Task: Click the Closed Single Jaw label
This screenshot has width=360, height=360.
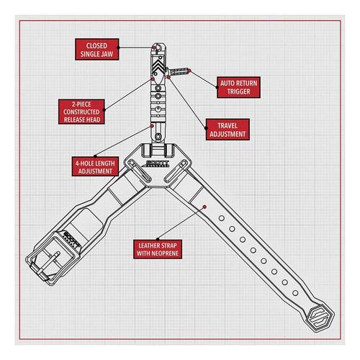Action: click(x=97, y=49)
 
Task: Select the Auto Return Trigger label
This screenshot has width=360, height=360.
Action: click(x=238, y=87)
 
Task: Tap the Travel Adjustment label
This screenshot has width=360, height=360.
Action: click(x=228, y=130)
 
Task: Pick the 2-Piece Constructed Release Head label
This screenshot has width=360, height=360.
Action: click(x=81, y=112)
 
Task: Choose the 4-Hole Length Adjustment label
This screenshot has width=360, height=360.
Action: click(x=95, y=167)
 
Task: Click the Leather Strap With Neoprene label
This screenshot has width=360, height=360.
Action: click(x=158, y=249)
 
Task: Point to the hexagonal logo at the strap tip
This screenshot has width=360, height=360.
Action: click(x=321, y=319)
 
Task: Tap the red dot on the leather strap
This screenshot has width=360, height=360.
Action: click(x=204, y=207)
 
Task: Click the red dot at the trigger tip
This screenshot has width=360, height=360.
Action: click(x=189, y=71)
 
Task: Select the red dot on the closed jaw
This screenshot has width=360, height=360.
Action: click(x=154, y=48)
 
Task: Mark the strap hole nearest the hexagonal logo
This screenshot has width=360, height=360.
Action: click(x=295, y=293)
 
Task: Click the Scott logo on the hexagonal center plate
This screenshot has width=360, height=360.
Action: click(x=157, y=163)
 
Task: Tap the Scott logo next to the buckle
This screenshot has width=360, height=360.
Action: click(x=72, y=240)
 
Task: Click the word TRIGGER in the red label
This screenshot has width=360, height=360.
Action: click(x=238, y=91)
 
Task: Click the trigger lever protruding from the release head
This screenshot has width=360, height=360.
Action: click(x=178, y=71)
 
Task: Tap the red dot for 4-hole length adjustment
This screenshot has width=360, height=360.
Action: click(x=152, y=126)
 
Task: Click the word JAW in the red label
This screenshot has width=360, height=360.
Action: click(x=107, y=54)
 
